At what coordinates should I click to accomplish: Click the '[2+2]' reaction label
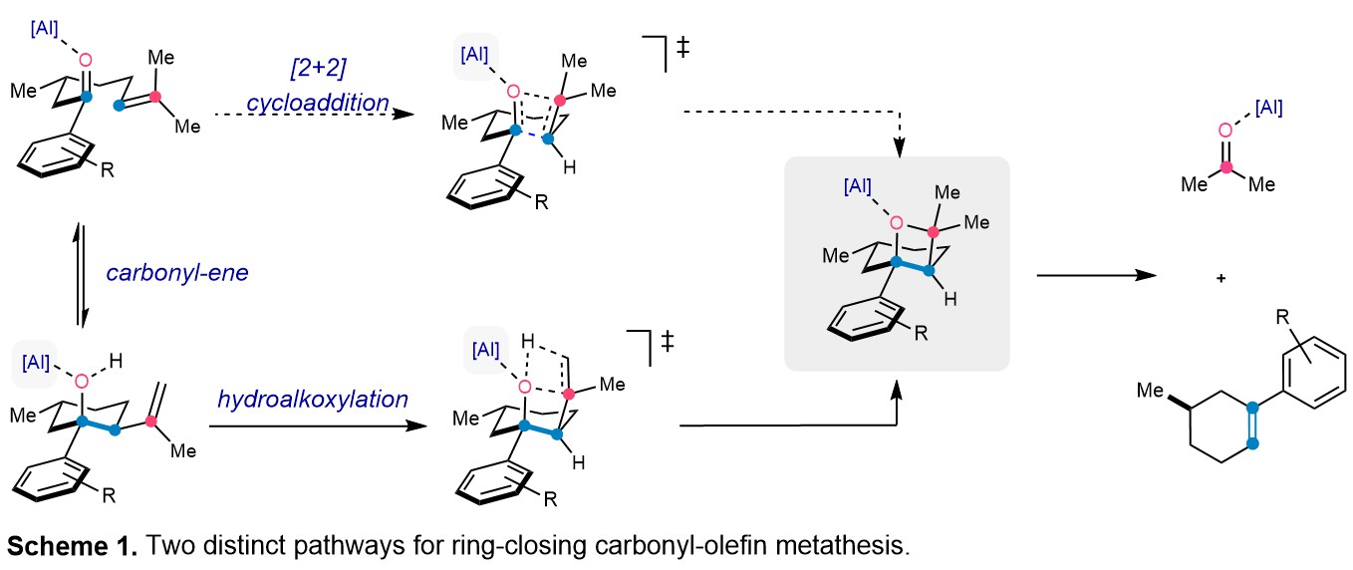click(318, 68)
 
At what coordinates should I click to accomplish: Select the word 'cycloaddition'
click(318, 103)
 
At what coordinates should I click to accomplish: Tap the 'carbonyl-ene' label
click(177, 273)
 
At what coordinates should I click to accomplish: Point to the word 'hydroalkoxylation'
click(313, 400)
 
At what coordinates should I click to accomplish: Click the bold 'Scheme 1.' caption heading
click(73, 546)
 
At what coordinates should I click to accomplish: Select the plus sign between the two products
click(1220, 278)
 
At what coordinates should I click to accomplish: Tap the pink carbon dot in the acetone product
click(1226, 167)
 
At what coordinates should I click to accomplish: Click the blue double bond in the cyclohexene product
click(1252, 426)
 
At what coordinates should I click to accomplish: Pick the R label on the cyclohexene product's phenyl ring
click(1282, 317)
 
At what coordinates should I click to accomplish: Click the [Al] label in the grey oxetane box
click(857, 186)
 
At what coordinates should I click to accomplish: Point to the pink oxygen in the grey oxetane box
click(897, 223)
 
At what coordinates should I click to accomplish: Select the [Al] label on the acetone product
click(1269, 108)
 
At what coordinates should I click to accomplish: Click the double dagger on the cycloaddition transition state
click(683, 47)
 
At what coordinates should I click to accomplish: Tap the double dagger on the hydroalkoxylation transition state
click(668, 341)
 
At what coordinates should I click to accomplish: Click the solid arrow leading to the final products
click(1097, 275)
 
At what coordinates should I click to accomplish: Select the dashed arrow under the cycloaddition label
click(315, 114)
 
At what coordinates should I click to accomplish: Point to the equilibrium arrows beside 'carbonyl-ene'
click(80, 275)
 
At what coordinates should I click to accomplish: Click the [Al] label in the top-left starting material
click(44, 28)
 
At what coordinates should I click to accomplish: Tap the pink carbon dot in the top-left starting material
click(155, 97)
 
